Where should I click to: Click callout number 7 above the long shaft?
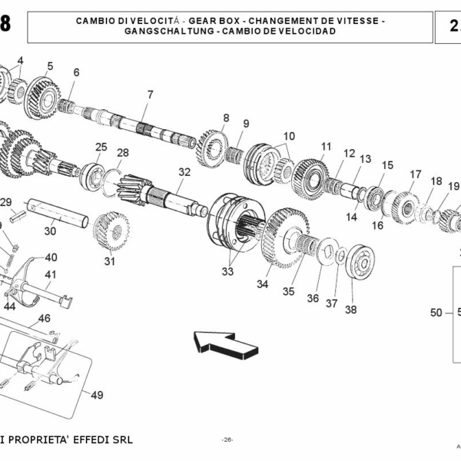(x=151, y=95)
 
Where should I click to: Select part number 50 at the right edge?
(x=436, y=312)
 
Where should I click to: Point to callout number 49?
(x=97, y=396)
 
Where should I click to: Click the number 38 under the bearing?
(x=350, y=310)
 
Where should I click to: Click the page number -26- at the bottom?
(x=227, y=439)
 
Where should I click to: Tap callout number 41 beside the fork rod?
(x=51, y=274)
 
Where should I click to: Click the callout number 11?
(x=327, y=146)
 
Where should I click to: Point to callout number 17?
(x=415, y=174)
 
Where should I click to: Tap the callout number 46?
(x=45, y=317)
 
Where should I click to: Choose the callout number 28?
(x=123, y=152)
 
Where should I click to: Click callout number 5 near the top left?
(x=50, y=66)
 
